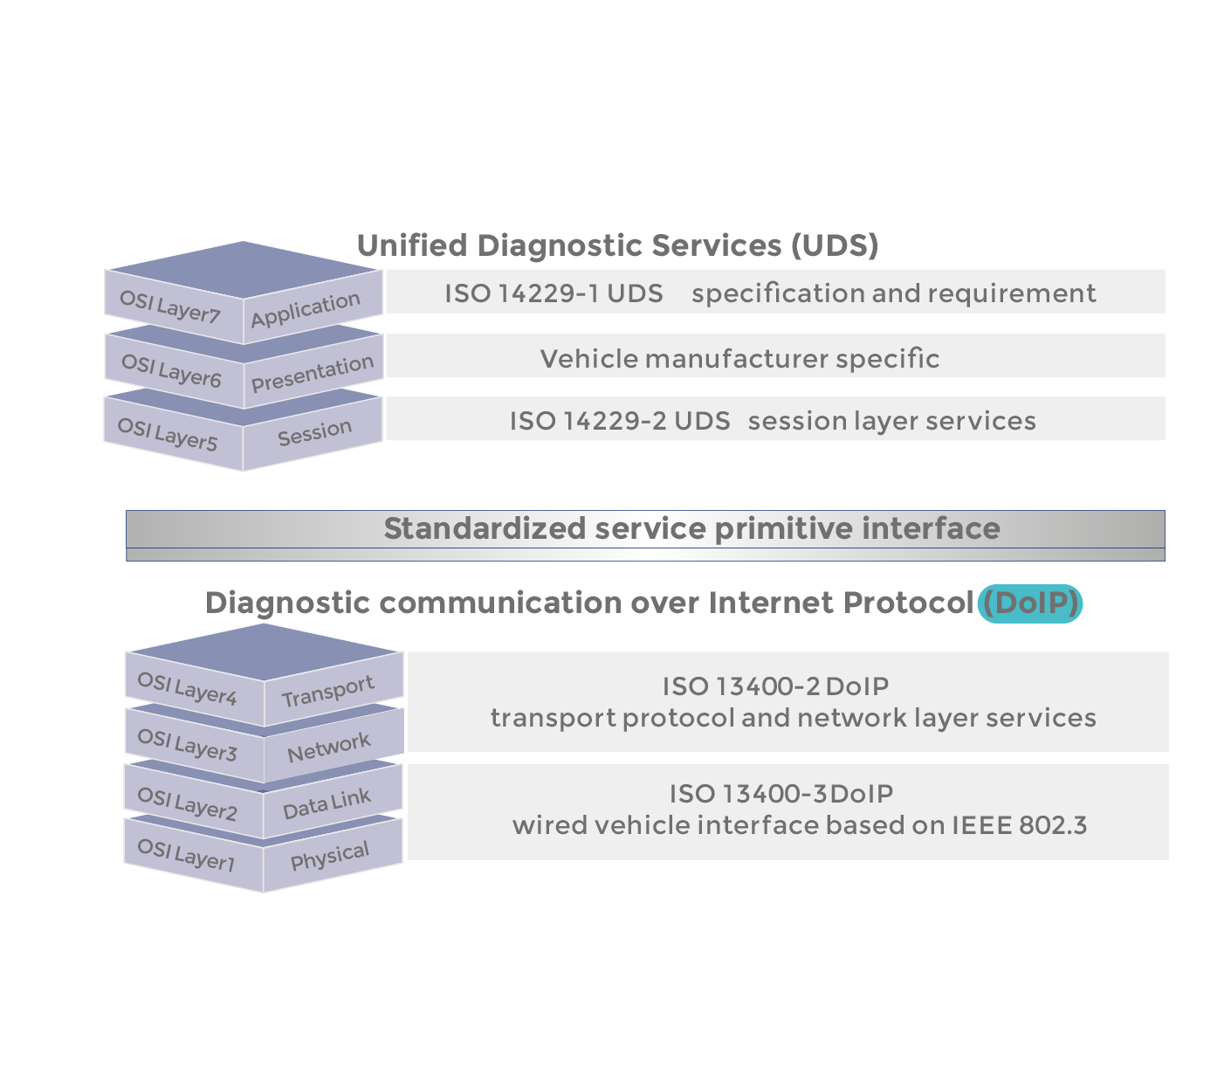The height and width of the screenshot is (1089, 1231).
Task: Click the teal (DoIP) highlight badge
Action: point(1030,603)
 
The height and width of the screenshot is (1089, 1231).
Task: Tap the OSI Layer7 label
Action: point(169,306)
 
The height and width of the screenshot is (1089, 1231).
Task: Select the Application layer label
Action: point(306,309)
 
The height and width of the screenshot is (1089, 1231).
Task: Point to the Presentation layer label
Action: point(313,373)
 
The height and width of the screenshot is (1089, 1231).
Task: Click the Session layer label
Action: point(314,432)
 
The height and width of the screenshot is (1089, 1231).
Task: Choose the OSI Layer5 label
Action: point(168,433)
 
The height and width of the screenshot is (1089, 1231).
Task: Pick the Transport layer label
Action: point(327,691)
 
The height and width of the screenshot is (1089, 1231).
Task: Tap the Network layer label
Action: point(329,748)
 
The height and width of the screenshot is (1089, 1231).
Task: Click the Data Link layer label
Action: point(327,803)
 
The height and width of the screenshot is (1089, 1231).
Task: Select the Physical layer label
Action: point(330,856)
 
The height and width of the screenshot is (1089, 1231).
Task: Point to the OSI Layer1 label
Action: point(187,854)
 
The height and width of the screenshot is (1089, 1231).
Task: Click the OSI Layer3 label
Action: point(187,744)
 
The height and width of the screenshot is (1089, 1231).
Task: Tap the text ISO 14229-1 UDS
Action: point(554,293)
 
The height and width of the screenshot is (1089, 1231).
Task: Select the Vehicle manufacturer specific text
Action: point(739,358)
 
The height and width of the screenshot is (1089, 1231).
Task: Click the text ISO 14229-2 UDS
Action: point(620,421)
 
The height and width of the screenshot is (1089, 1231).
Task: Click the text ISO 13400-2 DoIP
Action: point(775,686)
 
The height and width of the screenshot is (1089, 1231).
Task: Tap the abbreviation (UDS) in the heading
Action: point(835,245)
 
